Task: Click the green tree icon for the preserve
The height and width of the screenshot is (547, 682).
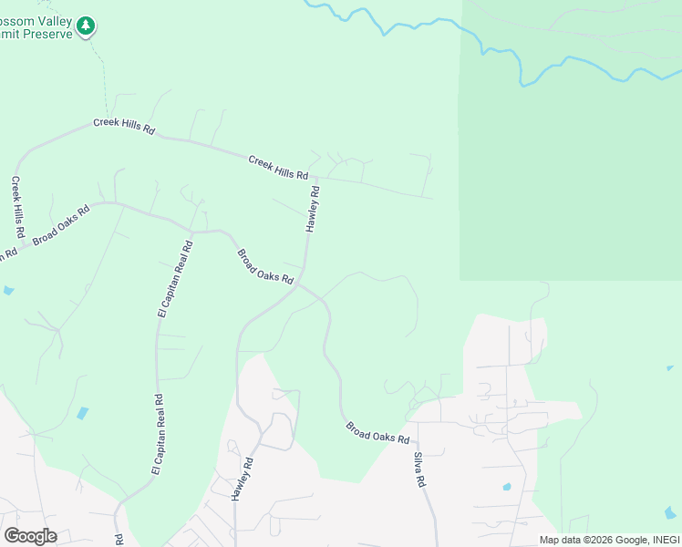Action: pyautogui.click(x=86, y=26)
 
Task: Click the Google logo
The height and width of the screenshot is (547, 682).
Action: pyautogui.click(x=30, y=536)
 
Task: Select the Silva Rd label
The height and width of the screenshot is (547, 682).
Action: pyautogui.click(x=420, y=470)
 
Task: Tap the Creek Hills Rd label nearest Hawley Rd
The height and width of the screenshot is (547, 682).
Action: pyautogui.click(x=278, y=167)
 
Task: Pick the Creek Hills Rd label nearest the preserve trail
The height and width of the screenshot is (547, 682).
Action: pyautogui.click(x=124, y=127)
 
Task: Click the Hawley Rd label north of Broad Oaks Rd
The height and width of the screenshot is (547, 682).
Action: pyautogui.click(x=313, y=209)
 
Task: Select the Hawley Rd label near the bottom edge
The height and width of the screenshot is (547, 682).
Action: pyautogui.click(x=241, y=479)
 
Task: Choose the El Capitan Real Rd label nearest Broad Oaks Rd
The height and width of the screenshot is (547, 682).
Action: pyautogui.click(x=175, y=278)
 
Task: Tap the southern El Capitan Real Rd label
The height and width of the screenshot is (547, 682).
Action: pyautogui.click(x=156, y=434)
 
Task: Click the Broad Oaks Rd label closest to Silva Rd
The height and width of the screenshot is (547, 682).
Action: pyautogui.click(x=377, y=432)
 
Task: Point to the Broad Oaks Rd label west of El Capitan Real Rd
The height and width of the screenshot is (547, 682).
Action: pyautogui.click(x=61, y=225)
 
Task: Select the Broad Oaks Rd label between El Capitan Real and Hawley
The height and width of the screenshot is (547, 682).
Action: pyautogui.click(x=264, y=265)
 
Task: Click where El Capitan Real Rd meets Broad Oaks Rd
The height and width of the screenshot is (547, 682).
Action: pyautogui.click(x=191, y=230)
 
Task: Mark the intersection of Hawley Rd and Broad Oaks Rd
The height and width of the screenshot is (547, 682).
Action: pyautogui.click(x=299, y=284)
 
